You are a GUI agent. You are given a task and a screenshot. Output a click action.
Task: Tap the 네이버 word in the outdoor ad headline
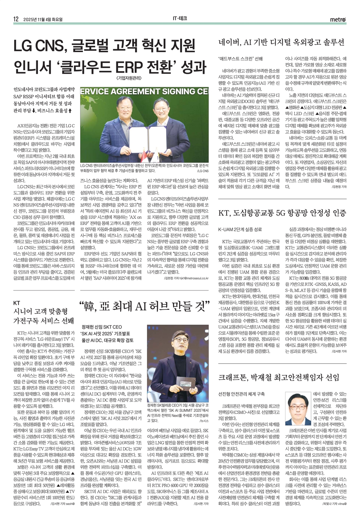point(229,43)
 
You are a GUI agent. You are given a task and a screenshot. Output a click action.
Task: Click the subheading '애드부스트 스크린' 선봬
point(241,59)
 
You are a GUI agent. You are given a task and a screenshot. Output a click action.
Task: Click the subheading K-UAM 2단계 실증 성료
point(240,229)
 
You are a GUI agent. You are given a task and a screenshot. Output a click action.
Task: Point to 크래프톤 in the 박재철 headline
point(232,377)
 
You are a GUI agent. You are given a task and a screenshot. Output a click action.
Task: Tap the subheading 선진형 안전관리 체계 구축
point(241,394)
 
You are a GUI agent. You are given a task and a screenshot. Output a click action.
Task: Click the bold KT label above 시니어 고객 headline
point(17,303)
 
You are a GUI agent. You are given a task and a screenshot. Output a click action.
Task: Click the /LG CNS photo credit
point(202,171)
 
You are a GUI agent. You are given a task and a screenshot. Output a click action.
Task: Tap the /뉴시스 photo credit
point(204,421)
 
